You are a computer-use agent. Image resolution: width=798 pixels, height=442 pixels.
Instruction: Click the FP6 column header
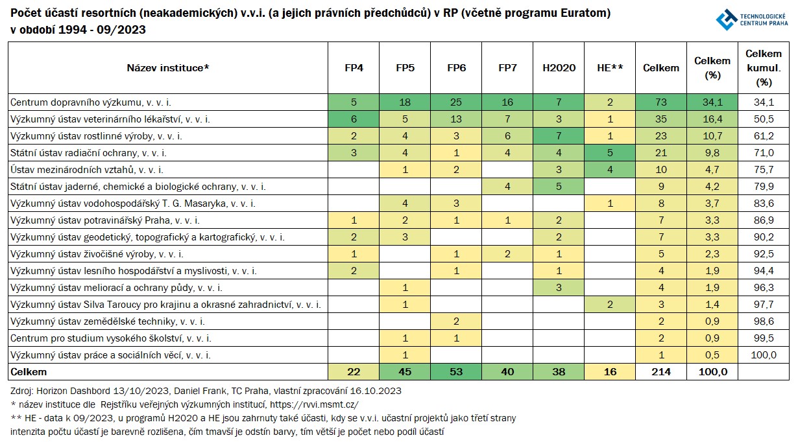(456, 68)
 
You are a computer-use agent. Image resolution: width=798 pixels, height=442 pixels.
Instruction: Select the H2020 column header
(559, 68)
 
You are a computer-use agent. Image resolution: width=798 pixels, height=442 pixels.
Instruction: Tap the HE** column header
(610, 68)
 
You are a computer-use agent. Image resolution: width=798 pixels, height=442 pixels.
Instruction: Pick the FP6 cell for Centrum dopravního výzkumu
(456, 102)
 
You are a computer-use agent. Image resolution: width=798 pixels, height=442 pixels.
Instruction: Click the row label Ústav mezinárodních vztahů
(87, 170)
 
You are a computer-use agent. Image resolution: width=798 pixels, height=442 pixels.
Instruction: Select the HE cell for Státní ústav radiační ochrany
(610, 153)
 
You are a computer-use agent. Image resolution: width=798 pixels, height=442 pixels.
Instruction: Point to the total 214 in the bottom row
(661, 372)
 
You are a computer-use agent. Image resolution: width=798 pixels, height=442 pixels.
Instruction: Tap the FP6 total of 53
(456, 372)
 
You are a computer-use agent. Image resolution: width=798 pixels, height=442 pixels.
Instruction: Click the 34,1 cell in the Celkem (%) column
(712, 102)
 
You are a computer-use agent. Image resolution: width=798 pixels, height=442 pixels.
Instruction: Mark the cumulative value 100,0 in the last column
(764, 355)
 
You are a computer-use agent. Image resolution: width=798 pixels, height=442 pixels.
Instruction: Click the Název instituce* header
(168, 68)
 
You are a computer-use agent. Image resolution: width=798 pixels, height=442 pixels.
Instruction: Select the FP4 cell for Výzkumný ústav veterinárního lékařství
(354, 119)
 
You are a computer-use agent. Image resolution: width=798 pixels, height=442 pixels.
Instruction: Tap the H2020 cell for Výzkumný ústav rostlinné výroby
(559, 136)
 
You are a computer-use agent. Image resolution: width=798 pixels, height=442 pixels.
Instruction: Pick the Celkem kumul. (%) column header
(764, 68)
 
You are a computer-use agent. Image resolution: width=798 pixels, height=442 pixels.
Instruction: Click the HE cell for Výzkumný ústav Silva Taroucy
(610, 305)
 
